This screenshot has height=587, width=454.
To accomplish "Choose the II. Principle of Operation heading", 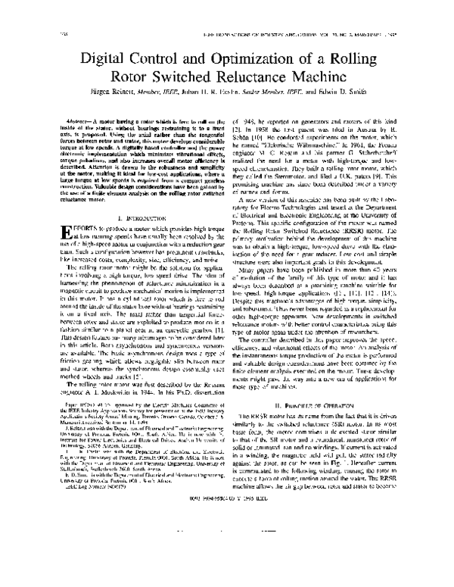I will [x=328, y=439].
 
